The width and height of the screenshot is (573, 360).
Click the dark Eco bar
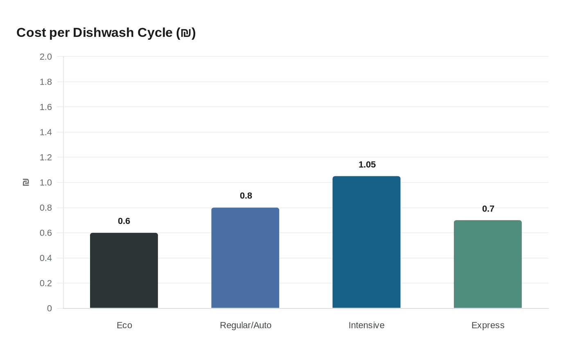pyautogui.click(x=124, y=270)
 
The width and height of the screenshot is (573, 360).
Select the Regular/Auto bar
pyautogui.click(x=245, y=258)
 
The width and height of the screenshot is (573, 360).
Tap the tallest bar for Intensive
pyautogui.click(x=366, y=242)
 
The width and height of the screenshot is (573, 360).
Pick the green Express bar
pyautogui.click(x=487, y=264)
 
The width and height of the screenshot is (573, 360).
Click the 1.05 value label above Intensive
pyautogui.click(x=367, y=164)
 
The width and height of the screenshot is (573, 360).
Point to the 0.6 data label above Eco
pyautogui.click(x=124, y=221)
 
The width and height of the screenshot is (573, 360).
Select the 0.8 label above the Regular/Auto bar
pyautogui.click(x=246, y=196)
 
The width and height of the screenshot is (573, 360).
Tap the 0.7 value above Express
pyautogui.click(x=488, y=209)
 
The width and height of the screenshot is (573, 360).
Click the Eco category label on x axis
pyautogui.click(x=124, y=325)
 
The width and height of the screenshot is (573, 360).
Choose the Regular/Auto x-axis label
pyautogui.click(x=246, y=325)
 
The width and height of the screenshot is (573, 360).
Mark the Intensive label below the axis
pyautogui.click(x=366, y=325)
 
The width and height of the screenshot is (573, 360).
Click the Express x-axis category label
pyautogui.click(x=488, y=325)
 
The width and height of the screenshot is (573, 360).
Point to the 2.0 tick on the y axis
pyautogui.click(x=46, y=57)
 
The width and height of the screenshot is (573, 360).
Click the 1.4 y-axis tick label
pyautogui.click(x=46, y=132)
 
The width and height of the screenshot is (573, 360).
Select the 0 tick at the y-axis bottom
pyautogui.click(x=50, y=308)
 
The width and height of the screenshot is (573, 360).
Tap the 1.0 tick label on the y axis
pyautogui.click(x=46, y=182)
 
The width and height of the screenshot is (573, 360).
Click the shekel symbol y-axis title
pyautogui.click(x=26, y=182)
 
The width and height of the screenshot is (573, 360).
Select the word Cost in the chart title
pyautogui.click(x=31, y=33)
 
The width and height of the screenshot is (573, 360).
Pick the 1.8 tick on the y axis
pyautogui.click(x=46, y=82)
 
